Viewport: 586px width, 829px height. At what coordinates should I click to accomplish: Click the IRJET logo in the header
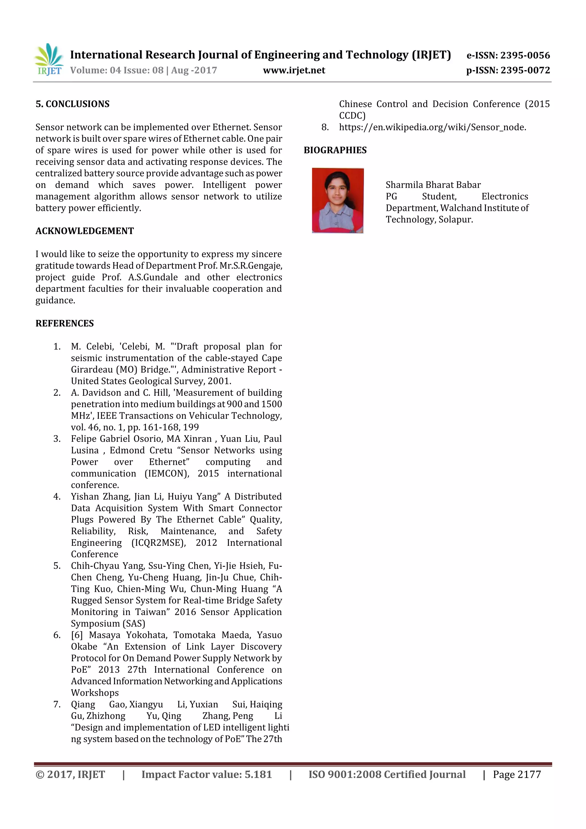(x=48, y=59)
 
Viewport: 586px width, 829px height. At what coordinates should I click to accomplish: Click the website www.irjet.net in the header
(x=294, y=70)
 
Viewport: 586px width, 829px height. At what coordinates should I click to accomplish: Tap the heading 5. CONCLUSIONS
(x=72, y=104)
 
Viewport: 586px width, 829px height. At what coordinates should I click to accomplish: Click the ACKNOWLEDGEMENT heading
(x=84, y=231)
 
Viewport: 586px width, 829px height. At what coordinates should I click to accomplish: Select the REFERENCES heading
(x=65, y=324)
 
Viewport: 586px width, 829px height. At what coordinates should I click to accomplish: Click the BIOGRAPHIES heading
(x=335, y=150)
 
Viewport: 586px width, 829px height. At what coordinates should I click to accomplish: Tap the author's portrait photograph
(x=338, y=200)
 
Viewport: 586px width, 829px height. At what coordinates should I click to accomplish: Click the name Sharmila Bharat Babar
(x=433, y=185)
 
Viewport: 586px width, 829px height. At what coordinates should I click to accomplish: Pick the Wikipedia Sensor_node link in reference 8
(x=432, y=127)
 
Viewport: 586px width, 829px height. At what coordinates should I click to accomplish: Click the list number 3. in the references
(x=57, y=439)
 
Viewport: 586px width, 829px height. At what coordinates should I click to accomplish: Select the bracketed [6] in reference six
(x=77, y=635)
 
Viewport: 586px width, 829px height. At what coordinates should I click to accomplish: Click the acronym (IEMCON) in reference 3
(x=167, y=473)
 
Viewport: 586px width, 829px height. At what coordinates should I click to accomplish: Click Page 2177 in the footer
(x=517, y=774)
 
